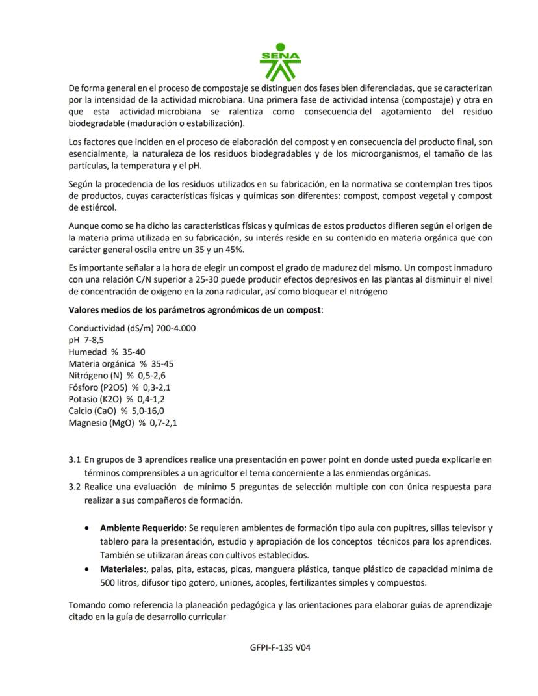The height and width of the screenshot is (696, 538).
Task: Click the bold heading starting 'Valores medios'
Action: (196, 310)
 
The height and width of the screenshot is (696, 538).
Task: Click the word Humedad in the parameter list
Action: (88, 352)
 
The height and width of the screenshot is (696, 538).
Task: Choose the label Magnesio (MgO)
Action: (101, 423)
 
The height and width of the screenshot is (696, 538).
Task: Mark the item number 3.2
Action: (75, 485)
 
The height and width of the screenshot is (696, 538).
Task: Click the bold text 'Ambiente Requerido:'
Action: (143, 527)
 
